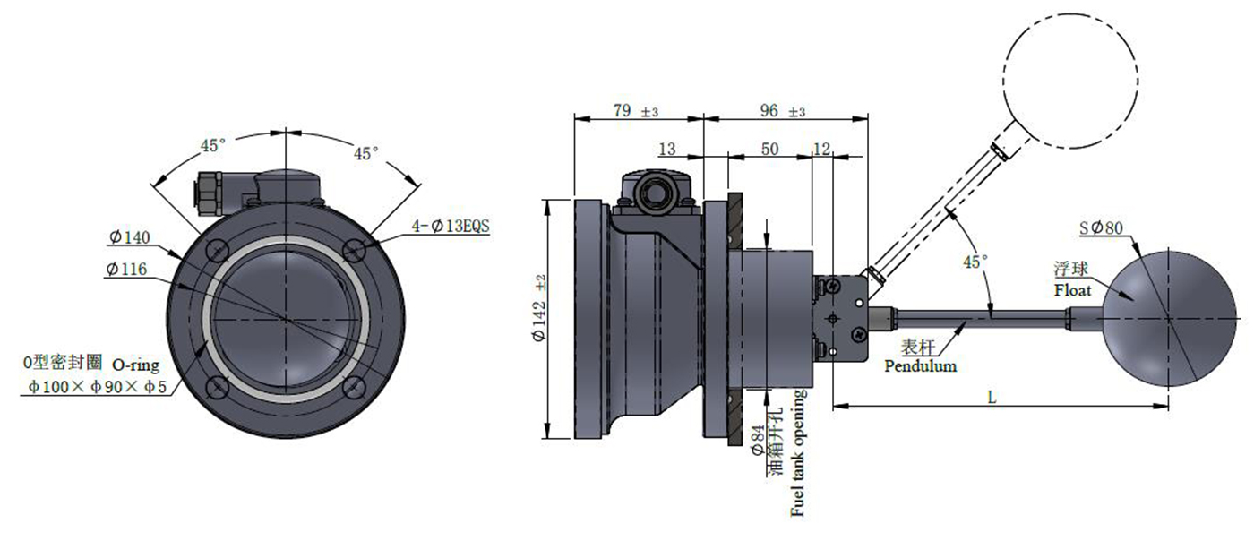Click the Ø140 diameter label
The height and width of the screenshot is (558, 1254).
[129, 237]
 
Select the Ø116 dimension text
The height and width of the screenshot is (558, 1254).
[125, 269]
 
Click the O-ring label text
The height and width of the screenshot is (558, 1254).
[136, 365]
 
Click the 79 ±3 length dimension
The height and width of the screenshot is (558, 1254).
[636, 111]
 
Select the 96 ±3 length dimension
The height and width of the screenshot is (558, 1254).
[783, 111]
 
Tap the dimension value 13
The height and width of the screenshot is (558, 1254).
[667, 149]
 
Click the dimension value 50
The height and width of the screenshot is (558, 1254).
[769, 149]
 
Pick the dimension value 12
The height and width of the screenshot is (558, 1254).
[821, 149]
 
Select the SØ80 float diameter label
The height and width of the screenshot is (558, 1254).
[1101, 227]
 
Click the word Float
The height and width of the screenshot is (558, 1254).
[1073, 290]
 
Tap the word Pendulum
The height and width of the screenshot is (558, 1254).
[920, 366]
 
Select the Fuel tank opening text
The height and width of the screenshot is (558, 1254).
[797, 453]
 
